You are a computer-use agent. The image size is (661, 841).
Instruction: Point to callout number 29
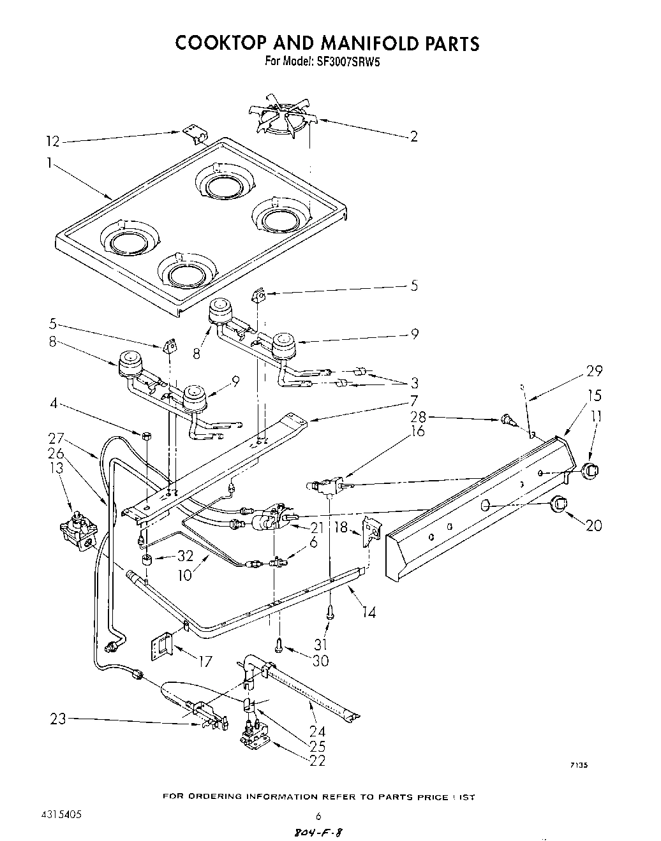[593, 370]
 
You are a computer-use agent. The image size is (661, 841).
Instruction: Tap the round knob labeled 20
[559, 504]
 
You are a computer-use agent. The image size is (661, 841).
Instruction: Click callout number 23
[58, 720]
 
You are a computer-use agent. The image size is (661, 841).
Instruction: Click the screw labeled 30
[279, 645]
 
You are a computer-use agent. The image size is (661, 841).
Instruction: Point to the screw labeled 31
[330, 612]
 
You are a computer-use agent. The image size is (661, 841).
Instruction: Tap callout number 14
[368, 613]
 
